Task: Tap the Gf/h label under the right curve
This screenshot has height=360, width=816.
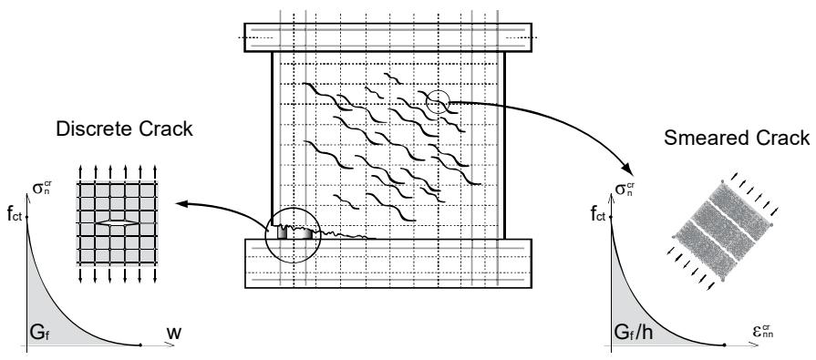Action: [x=634, y=333]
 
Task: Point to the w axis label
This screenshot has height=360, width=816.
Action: [x=174, y=333]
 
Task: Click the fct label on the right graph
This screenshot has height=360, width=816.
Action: [x=598, y=213]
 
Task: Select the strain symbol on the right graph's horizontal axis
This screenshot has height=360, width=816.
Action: [x=763, y=331]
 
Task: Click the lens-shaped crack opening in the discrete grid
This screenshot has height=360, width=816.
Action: [x=117, y=222]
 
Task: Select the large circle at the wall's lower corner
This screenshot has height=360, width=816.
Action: [x=265, y=236]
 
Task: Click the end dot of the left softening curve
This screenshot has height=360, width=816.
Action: [x=140, y=345]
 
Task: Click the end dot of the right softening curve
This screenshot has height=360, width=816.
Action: [x=725, y=345]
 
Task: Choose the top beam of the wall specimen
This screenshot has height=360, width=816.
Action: [x=388, y=37]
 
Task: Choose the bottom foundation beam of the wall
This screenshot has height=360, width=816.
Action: [x=388, y=263]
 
